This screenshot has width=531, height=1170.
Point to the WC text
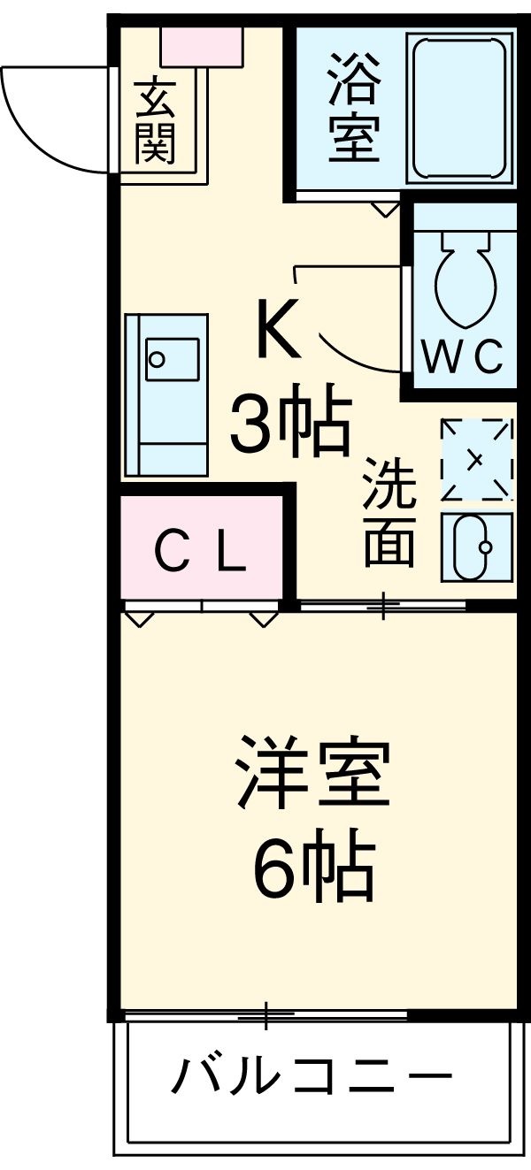tap(462, 357)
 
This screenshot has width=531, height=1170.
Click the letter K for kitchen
tap(279, 330)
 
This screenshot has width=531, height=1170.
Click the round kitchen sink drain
tap(157, 359)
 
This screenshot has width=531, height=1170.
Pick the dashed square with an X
tap(476, 458)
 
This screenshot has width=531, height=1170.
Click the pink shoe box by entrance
tap(202, 47)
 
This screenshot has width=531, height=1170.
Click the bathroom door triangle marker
tap(385, 210)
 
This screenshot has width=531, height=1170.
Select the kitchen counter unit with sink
tap(166, 394)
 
